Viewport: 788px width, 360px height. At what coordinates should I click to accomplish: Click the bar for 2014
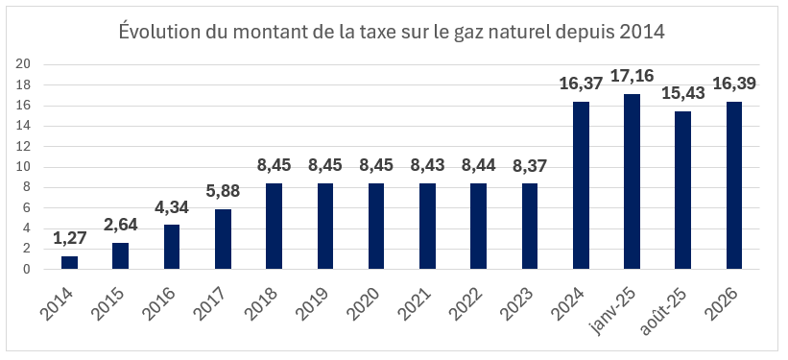tap(69, 262)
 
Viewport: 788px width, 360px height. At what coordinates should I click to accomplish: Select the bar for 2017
tap(223, 239)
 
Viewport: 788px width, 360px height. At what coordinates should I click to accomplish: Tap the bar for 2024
tap(581, 185)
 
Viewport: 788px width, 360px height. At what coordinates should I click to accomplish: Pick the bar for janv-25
tap(632, 181)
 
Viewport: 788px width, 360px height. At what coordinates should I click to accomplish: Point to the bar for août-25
tap(682, 190)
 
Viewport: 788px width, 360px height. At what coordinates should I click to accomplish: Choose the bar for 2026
tap(734, 185)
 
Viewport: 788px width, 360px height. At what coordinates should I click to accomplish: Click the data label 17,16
tap(632, 74)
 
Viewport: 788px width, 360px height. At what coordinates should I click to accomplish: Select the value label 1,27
tap(69, 236)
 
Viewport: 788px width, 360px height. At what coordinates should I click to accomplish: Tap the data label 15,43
tap(682, 93)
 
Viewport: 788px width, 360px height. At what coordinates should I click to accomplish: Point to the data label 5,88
tap(223, 190)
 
